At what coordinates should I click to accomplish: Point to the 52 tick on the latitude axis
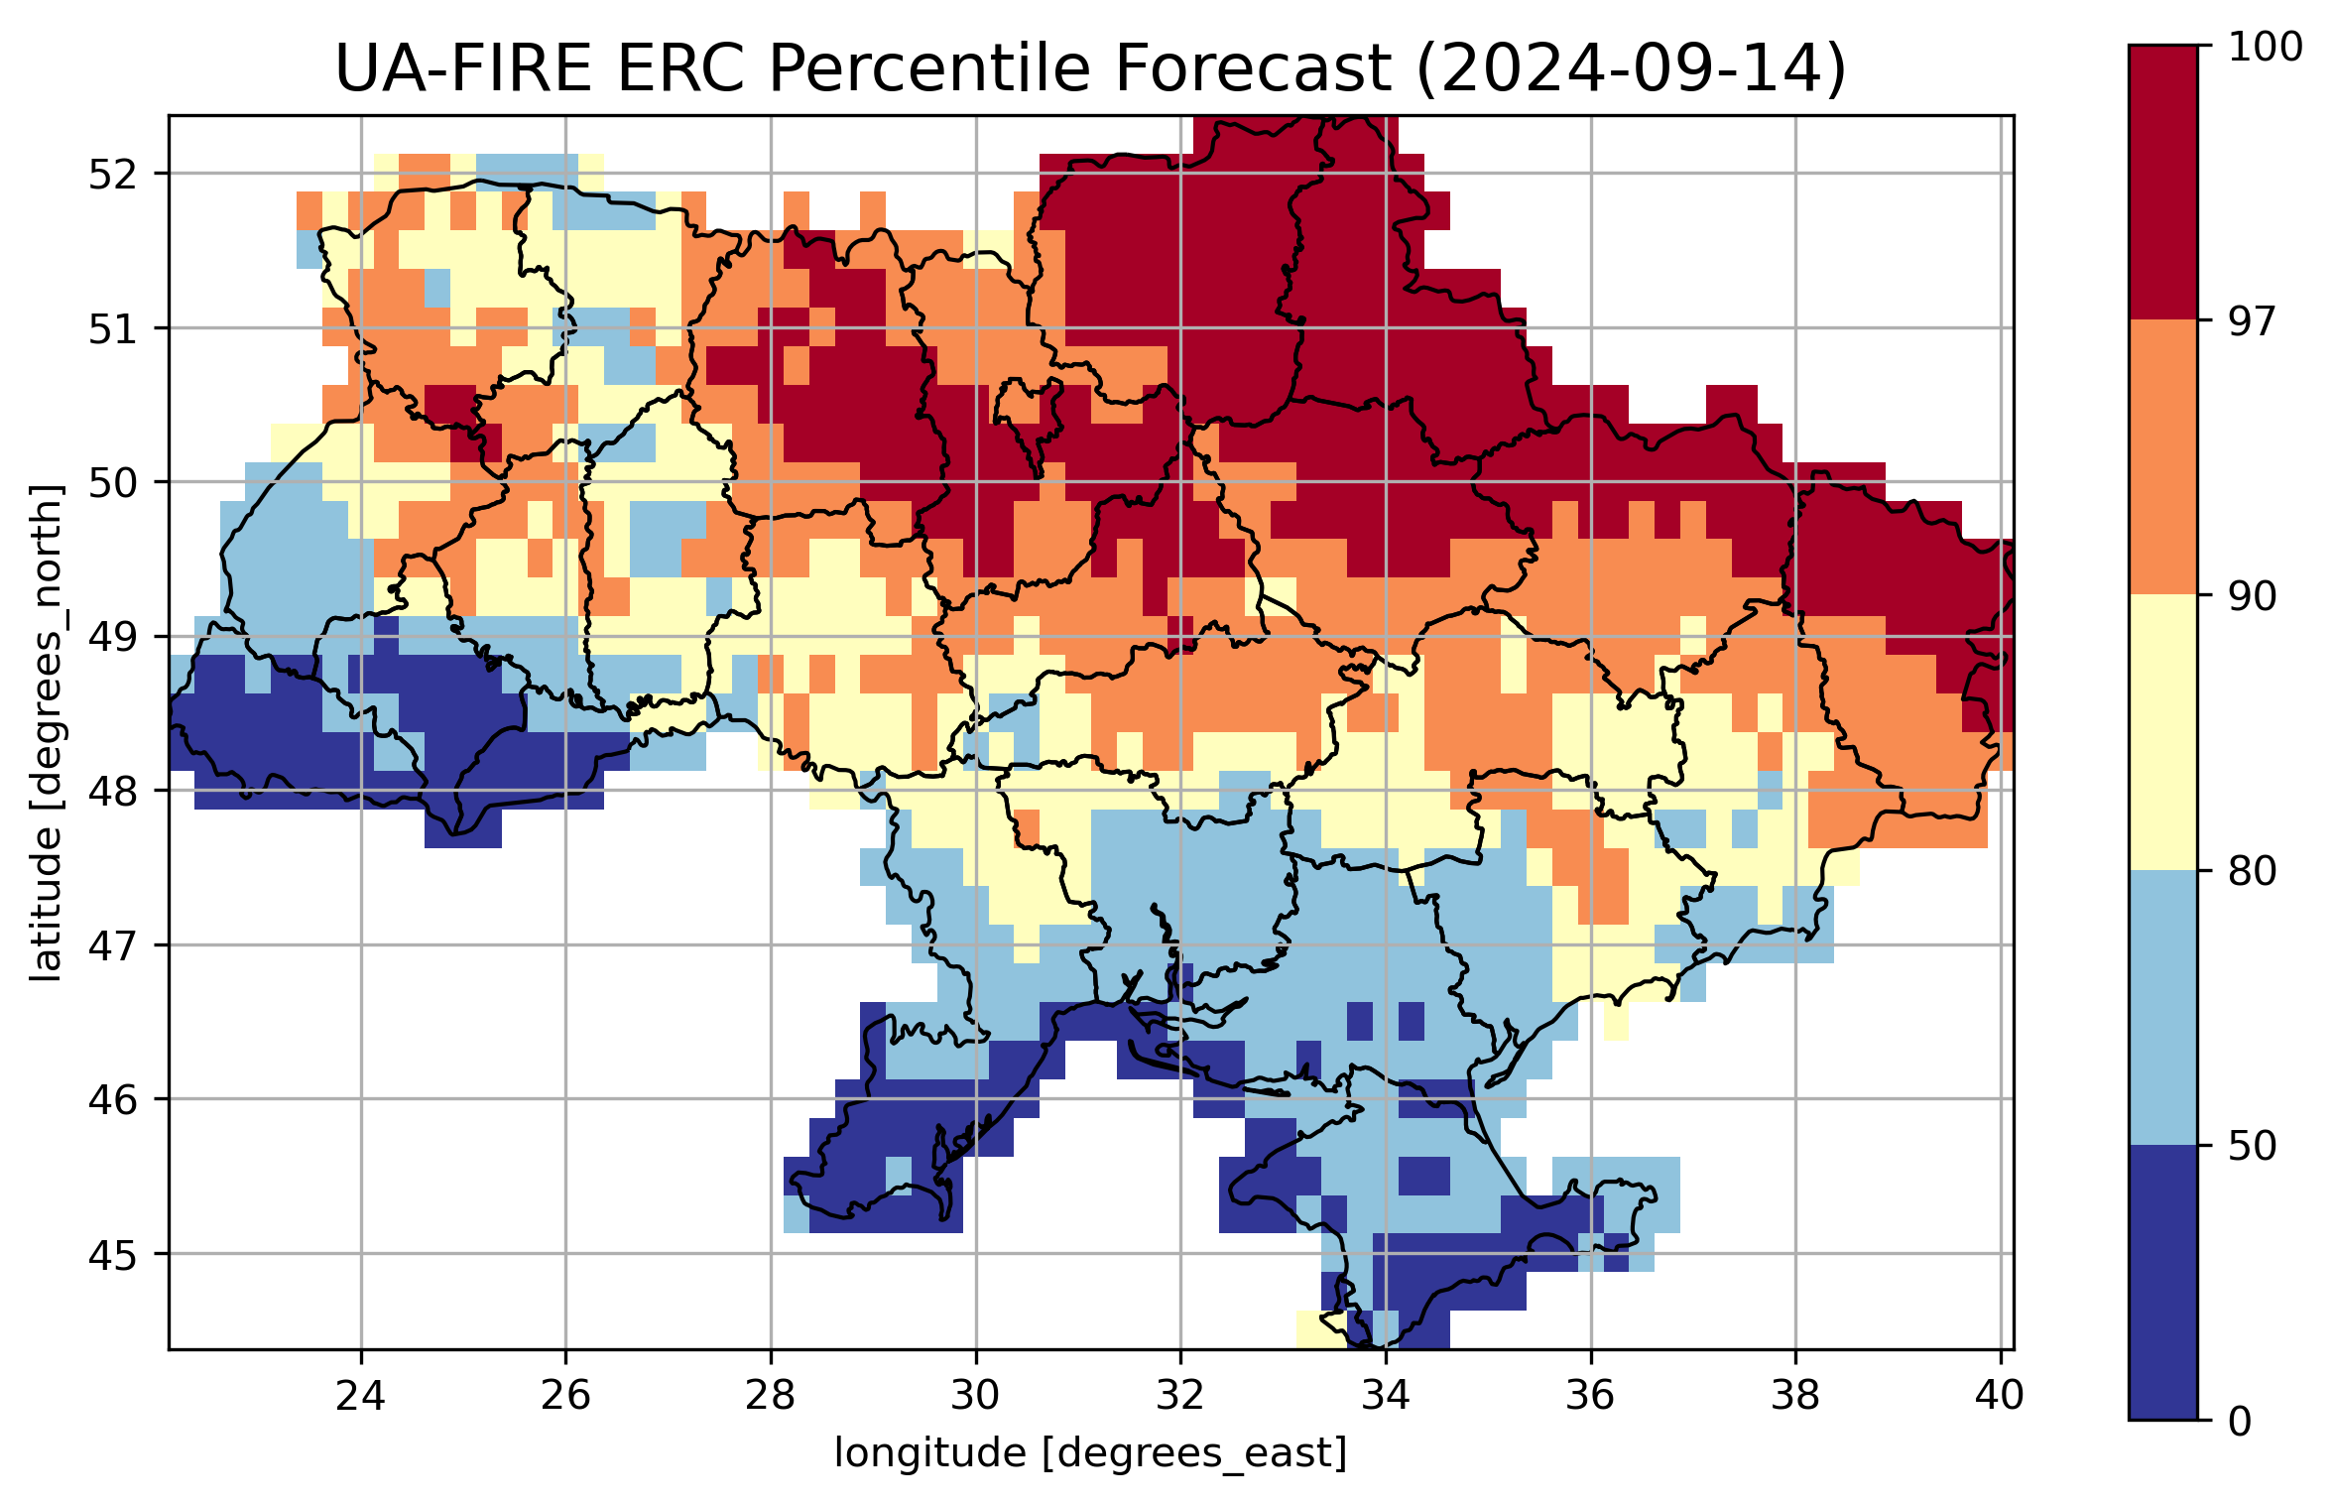point(113,175)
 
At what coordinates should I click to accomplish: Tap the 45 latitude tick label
point(113,1255)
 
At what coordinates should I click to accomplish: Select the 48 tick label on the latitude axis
point(113,792)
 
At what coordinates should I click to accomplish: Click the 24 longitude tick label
point(360,1396)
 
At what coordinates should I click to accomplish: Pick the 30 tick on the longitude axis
point(975,1396)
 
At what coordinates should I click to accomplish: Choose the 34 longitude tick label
point(1386,1396)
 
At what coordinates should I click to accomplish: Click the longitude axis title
point(1090,1453)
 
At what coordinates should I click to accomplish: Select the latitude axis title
point(46,732)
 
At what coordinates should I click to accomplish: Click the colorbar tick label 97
point(2252,322)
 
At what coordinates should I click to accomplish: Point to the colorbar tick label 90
point(2252,597)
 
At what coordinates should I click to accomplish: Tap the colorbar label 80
point(2252,872)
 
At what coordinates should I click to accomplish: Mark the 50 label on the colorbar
point(2252,1147)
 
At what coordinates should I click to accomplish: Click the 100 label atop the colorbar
point(2265,48)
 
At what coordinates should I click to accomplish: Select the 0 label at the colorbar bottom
point(2240,1422)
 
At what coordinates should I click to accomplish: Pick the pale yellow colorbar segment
point(2162,732)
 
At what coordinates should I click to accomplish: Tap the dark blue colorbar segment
point(2162,1282)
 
